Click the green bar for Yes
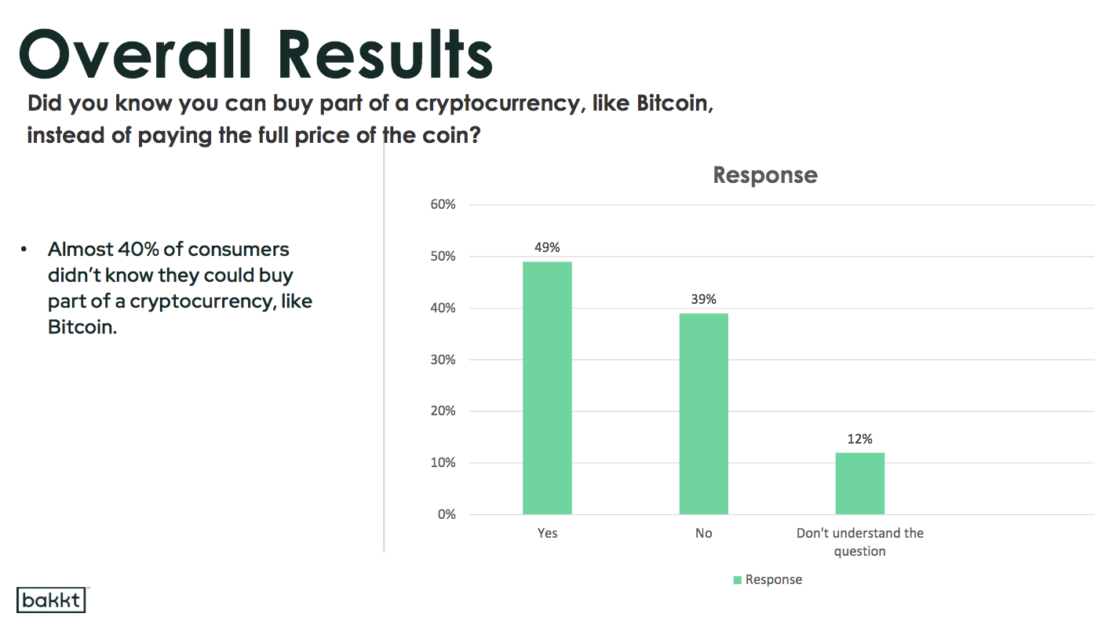point(547,388)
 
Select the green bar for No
point(703,414)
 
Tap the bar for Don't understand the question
point(860,484)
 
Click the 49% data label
point(547,247)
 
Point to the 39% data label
point(703,299)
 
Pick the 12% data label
point(860,439)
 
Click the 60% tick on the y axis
point(443,204)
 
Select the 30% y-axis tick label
point(443,360)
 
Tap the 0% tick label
point(447,514)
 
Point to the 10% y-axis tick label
point(443,462)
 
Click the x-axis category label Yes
point(547,533)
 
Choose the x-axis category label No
point(703,533)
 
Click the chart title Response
point(765,175)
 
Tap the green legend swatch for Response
point(738,579)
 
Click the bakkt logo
point(51,600)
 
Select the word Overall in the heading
point(136,53)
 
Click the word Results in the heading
point(385,53)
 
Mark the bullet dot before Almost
point(24,250)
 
